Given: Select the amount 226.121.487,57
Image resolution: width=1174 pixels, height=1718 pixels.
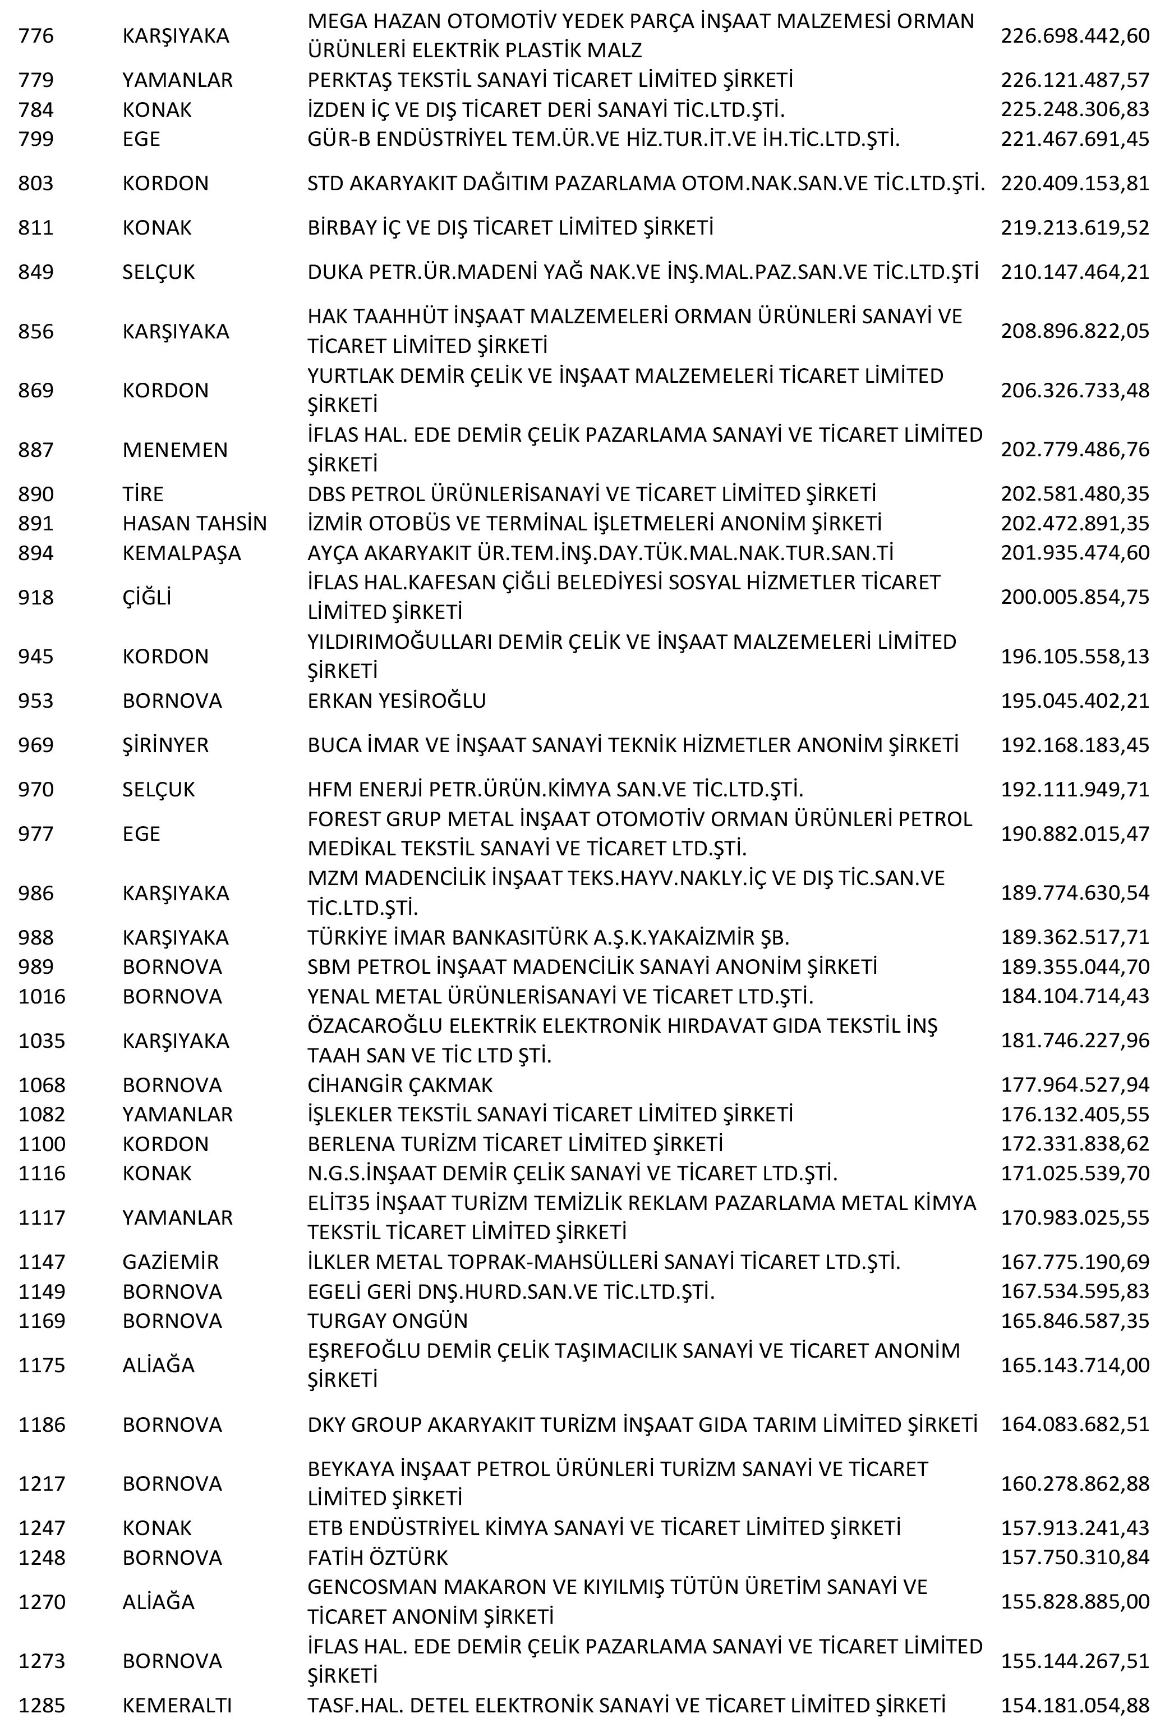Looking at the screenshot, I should [x=1074, y=80].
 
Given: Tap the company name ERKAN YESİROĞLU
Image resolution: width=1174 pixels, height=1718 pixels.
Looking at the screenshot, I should [x=397, y=701].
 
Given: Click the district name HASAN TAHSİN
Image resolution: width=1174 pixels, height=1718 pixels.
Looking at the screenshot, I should [x=194, y=524].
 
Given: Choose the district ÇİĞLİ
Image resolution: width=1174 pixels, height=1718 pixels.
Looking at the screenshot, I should [x=146, y=597].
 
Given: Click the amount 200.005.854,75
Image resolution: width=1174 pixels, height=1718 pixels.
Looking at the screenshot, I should [x=1074, y=597].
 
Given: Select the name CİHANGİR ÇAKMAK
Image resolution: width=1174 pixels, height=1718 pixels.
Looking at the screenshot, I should [x=400, y=1085].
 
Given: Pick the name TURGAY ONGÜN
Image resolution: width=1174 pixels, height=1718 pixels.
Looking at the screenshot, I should [x=388, y=1321].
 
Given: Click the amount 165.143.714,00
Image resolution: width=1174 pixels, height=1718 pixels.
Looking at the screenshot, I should [x=1074, y=1366].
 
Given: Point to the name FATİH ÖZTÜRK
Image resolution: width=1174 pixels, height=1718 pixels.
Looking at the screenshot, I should [x=377, y=1557].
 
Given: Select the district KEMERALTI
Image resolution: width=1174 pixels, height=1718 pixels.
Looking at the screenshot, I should [x=177, y=1706].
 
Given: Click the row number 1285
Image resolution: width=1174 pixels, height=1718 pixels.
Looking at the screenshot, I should [x=42, y=1706].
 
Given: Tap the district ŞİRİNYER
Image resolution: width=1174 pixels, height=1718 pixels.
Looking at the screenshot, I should [x=165, y=745].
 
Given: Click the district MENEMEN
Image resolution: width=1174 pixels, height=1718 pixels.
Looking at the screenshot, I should [x=175, y=450].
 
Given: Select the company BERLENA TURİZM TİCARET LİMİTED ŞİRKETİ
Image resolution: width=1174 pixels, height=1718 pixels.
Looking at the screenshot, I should [x=515, y=1144].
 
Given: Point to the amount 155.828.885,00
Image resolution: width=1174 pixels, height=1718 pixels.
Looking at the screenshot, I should [x=1074, y=1602].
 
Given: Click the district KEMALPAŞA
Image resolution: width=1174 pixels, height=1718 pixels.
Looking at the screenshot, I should [x=182, y=553].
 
